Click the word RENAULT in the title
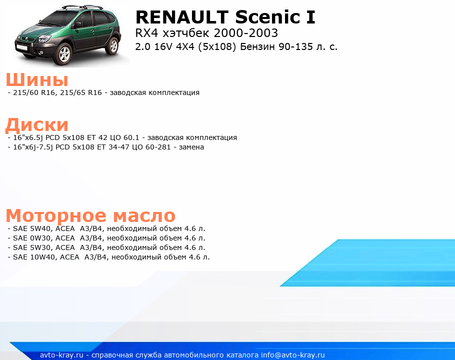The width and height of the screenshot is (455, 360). [182, 17]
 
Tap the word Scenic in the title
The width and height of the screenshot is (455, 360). [267, 17]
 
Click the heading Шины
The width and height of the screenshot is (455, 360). [37, 80]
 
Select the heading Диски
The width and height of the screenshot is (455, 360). [37, 124]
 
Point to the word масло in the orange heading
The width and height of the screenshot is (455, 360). [144, 215]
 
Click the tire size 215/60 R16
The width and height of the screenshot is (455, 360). [34, 92]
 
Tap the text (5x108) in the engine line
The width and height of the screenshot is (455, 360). [217, 46]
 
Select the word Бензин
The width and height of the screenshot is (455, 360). [257, 46]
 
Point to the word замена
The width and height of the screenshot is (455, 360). [191, 147]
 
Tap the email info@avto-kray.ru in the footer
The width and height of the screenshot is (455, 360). [293, 355]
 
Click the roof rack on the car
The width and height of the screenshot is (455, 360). [82, 7]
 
